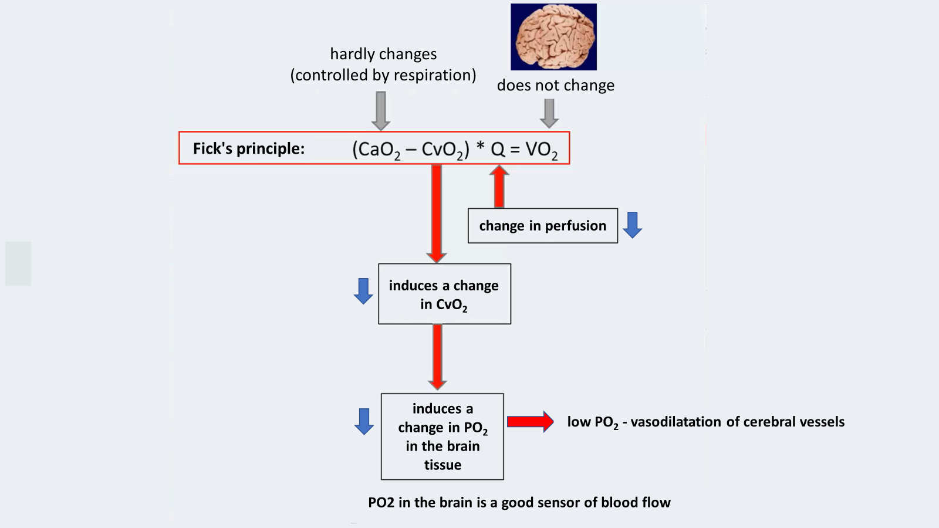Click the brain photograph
tap(553, 37)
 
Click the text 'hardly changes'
tap(383, 54)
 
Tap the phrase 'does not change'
tap(555, 86)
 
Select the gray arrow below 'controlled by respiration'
tap(381, 110)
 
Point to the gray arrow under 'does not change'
tap(549, 113)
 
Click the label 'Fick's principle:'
tap(249, 148)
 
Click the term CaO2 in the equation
tap(376, 150)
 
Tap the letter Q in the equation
tap(498, 149)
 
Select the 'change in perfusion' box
tap(542, 226)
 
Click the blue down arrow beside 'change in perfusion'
tap(632, 225)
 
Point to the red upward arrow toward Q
tap(499, 186)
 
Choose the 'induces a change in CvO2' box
tap(444, 294)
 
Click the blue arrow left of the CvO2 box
tap(363, 291)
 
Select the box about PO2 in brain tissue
tap(443, 436)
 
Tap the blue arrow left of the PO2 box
tap(364, 421)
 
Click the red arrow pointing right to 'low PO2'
tap(530, 421)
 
